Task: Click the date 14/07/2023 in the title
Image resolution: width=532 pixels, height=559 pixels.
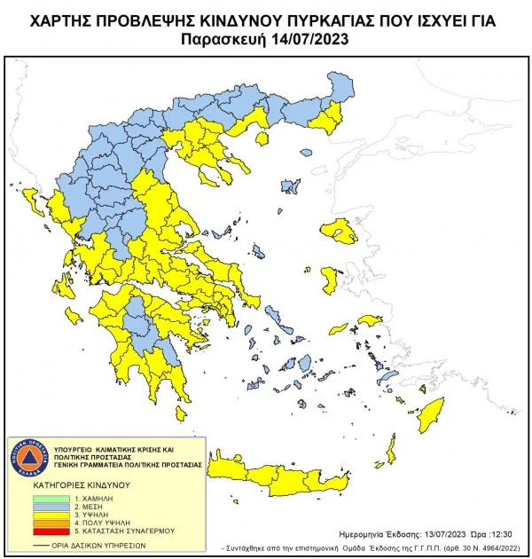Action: [x=305, y=38]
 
